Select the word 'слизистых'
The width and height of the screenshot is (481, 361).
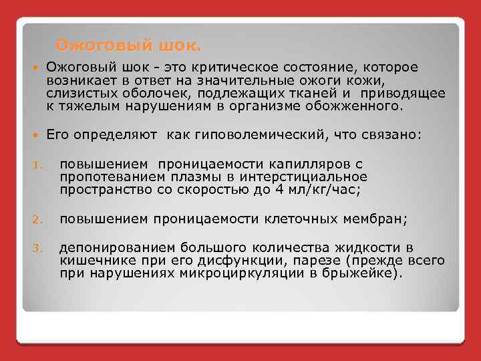(75, 92)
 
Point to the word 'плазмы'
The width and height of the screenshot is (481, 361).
(177, 176)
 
